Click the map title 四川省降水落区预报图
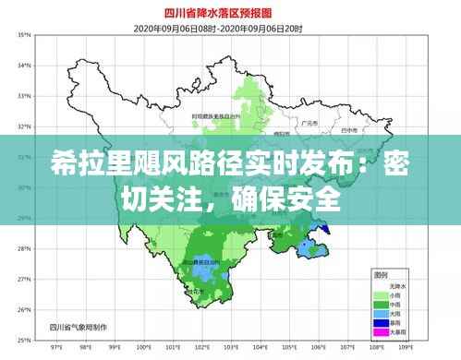[232, 14]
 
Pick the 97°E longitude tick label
[55, 349]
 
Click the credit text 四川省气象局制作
[75, 326]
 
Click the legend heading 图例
[380, 275]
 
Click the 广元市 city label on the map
[309, 122]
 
